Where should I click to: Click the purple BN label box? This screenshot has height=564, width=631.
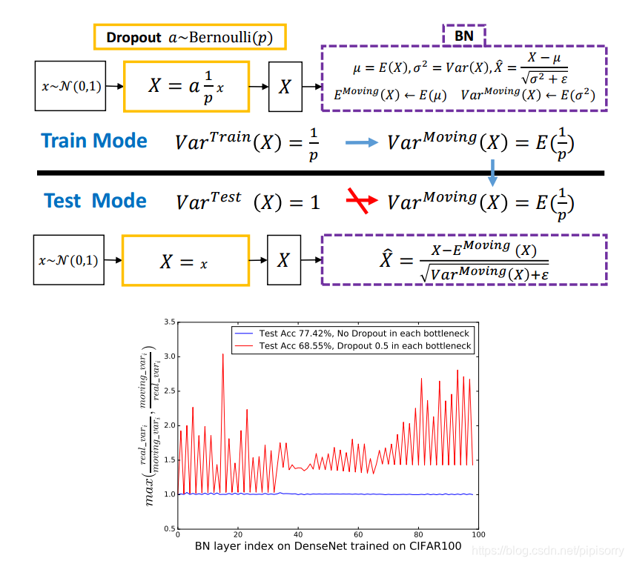click(464, 34)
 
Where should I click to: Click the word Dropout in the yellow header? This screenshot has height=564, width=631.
click(133, 37)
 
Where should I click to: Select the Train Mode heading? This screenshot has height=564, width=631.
click(94, 141)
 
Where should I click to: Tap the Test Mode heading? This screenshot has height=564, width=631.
click(96, 201)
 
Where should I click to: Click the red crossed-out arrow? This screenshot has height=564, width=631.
click(360, 201)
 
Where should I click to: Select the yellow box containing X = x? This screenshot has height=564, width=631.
click(185, 261)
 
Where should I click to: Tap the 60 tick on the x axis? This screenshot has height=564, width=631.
click(358, 534)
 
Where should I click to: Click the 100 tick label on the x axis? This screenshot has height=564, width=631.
click(478, 534)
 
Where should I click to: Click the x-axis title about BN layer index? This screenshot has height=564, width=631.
click(328, 547)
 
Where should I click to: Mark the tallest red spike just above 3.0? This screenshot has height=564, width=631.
click(223, 355)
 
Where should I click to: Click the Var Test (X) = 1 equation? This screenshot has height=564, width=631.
click(248, 202)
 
